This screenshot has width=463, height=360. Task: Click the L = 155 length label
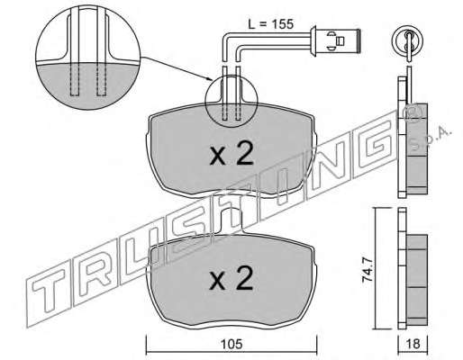(270, 24)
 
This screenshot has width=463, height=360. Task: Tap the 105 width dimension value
(232, 344)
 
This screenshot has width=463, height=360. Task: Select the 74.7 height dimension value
(368, 269)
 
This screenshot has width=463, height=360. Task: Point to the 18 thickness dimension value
(413, 344)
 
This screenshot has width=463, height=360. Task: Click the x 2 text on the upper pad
(231, 154)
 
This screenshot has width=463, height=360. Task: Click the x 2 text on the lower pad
(231, 278)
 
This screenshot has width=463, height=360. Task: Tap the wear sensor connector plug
(336, 41)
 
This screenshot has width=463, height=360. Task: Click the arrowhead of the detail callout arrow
(211, 80)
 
